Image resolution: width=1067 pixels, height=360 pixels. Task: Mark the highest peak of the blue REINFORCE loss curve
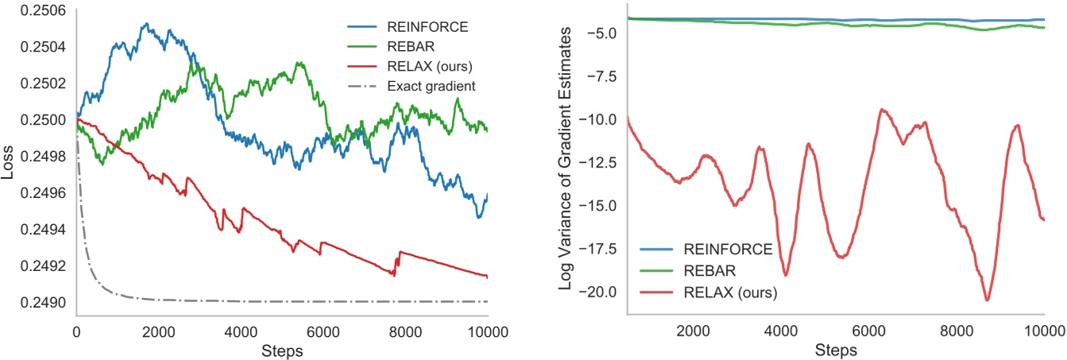pyautogui.click(x=146, y=24)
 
